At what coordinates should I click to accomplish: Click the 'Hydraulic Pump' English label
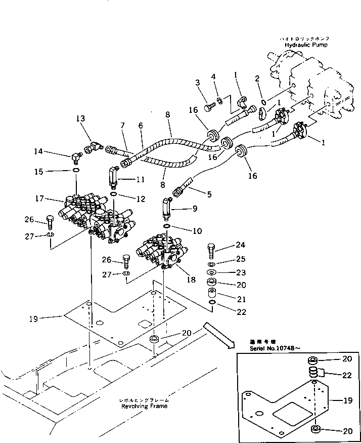point(305,45)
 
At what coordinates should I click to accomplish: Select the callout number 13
point(81,118)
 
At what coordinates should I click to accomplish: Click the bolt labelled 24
point(212,251)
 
